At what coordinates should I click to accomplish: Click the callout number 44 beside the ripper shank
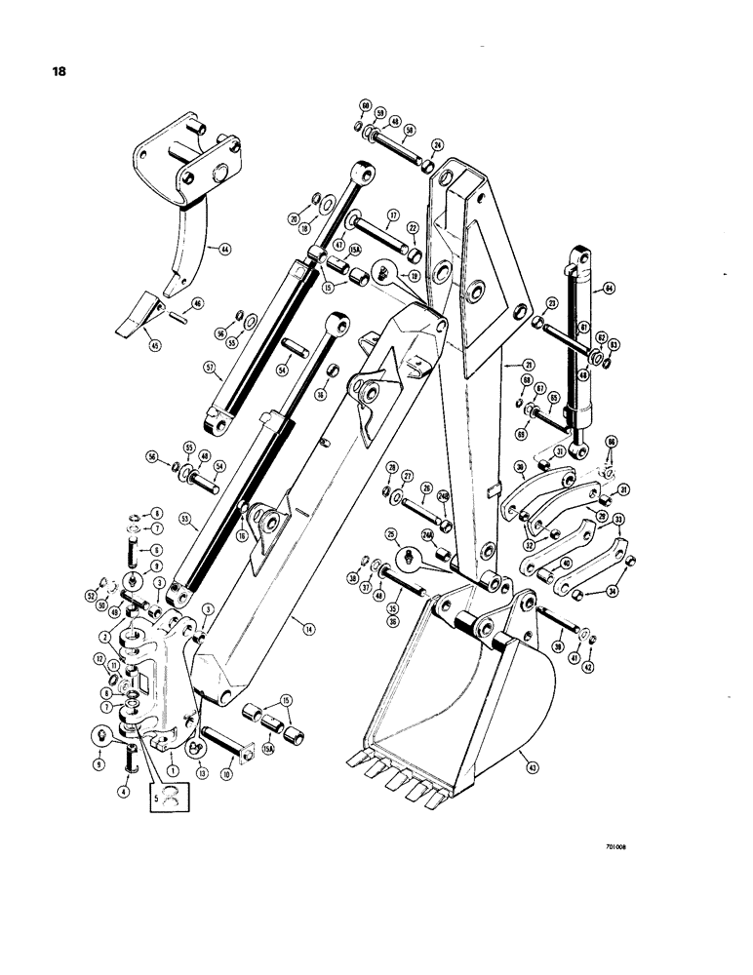224,250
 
